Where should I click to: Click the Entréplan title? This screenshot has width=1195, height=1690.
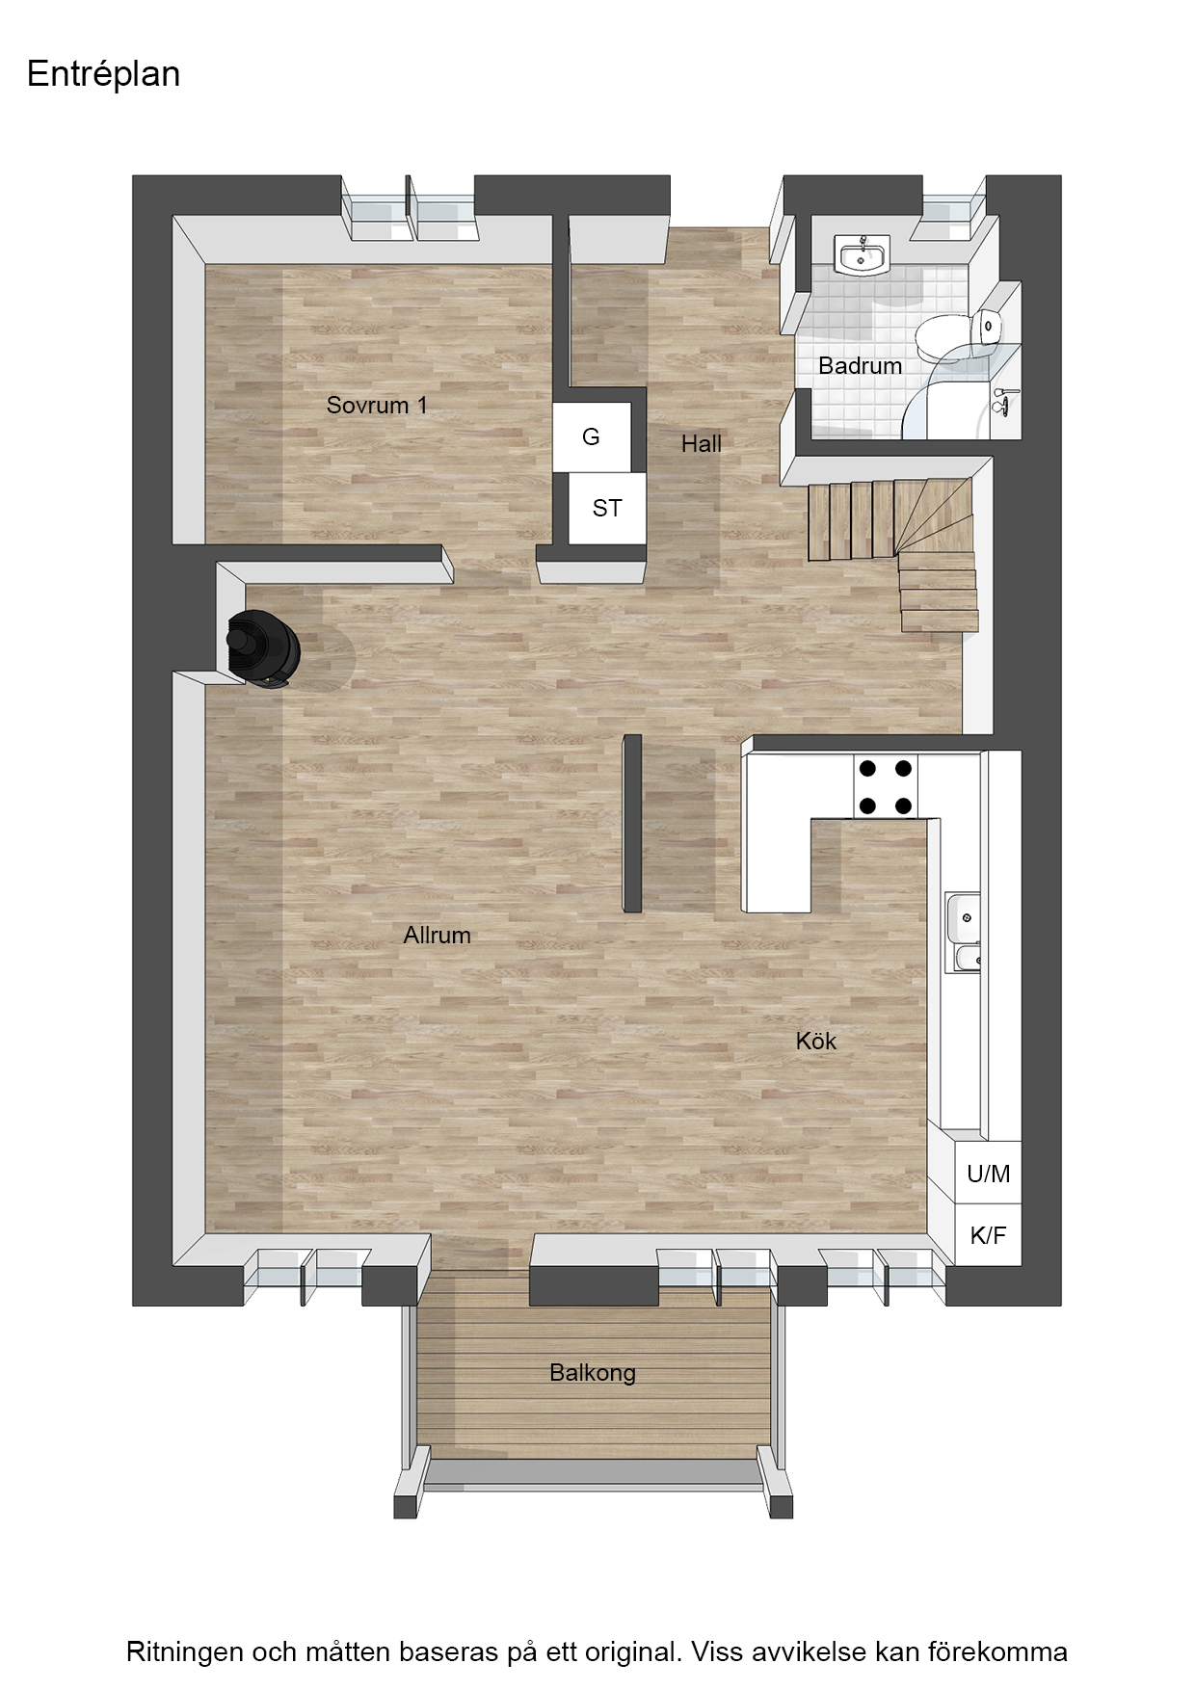104,75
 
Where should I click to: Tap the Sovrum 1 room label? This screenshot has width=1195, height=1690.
377,405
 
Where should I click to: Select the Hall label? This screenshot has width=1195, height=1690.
702,443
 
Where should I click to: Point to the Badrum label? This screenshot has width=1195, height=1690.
860,366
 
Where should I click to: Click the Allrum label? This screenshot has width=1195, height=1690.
437,935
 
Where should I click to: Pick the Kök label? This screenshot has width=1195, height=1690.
816,1041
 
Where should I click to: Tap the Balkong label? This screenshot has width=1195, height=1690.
593,1373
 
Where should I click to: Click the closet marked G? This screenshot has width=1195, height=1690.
592,436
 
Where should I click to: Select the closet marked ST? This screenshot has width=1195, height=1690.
606,508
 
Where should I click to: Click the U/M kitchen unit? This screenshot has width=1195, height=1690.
989,1173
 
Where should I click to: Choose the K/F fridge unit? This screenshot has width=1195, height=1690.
989,1234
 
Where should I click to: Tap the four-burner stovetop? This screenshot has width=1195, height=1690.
885,786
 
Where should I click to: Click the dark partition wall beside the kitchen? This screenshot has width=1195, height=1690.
632,823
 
